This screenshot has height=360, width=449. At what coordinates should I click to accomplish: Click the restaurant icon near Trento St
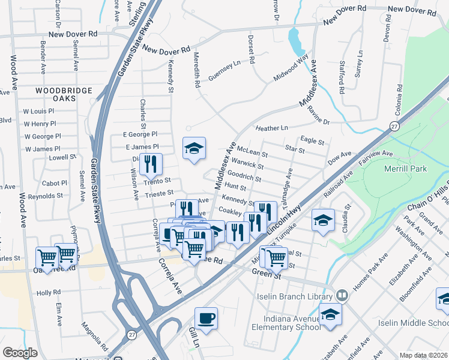(x=151, y=163)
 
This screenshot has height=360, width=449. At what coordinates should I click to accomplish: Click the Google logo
(x=20, y=353)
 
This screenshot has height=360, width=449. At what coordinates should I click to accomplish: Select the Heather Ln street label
(x=271, y=128)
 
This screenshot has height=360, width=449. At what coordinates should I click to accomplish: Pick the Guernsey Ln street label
(x=224, y=74)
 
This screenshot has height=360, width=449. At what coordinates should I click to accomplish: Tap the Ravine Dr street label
(x=318, y=115)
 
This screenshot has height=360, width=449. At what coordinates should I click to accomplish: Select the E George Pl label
(x=139, y=134)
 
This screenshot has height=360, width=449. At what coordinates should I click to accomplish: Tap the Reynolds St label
(x=45, y=196)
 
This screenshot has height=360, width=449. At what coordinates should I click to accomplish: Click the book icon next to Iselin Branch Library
(x=342, y=296)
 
